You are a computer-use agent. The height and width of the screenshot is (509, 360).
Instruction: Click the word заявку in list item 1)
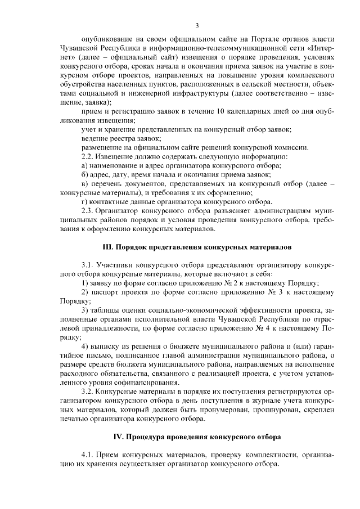pos(105,283)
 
